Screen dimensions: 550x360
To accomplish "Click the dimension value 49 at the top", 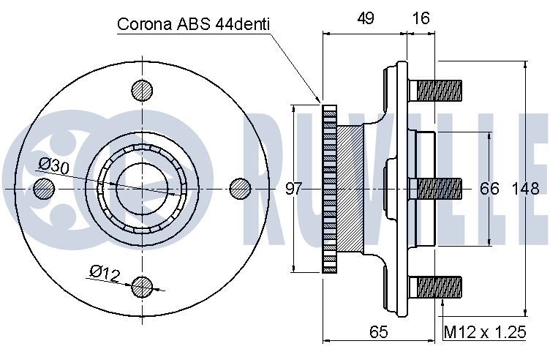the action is [366, 18].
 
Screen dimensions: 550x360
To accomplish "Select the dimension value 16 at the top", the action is [421, 18].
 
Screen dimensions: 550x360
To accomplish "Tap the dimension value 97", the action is [293, 189].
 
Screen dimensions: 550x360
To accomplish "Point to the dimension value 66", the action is [489, 189].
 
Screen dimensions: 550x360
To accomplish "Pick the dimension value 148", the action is [525, 189].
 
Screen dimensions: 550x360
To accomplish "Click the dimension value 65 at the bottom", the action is [379, 331].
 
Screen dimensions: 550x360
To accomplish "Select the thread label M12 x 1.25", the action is [485, 332].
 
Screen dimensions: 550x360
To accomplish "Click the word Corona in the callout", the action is [145, 24].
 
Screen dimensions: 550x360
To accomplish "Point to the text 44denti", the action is [242, 24].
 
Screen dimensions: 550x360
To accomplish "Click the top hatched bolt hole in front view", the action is [142, 90].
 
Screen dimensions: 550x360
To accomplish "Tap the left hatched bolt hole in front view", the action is [44, 189].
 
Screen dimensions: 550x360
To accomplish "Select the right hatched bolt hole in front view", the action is [241, 189].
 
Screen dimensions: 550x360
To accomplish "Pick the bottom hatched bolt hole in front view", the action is [142, 287].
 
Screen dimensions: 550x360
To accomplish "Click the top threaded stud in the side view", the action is [435, 90].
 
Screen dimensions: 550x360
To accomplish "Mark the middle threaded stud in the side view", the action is [435, 189].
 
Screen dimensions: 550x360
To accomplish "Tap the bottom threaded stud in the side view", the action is [435, 287].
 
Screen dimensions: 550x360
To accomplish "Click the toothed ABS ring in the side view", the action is [329, 189].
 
